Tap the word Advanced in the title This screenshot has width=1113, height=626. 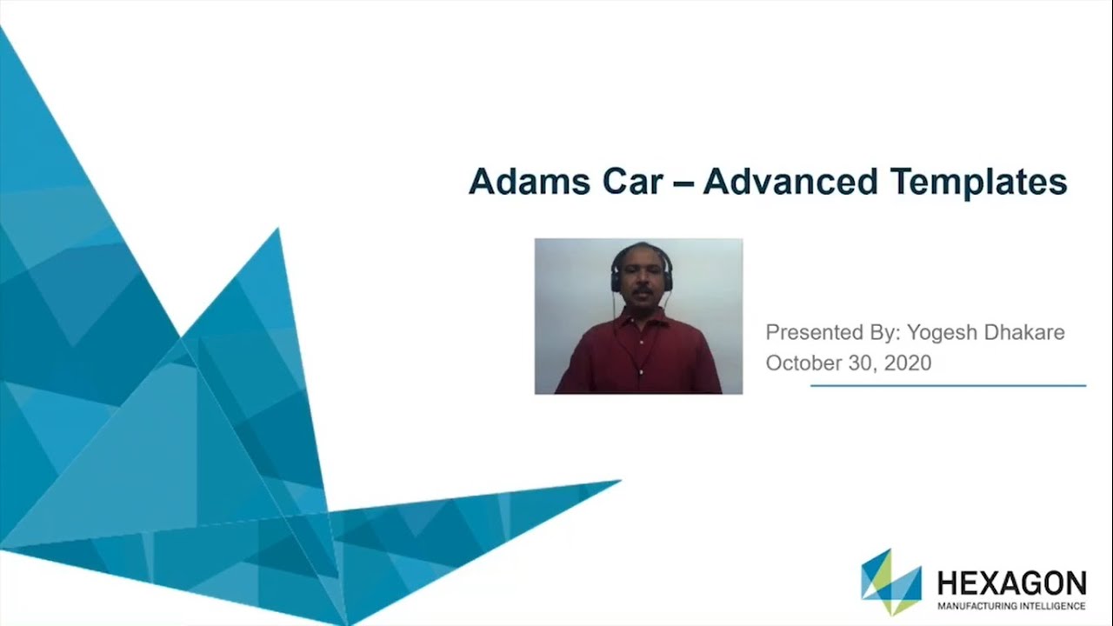pos(790,182)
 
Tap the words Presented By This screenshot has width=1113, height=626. pos(832,333)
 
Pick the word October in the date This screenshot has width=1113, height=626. pos(803,363)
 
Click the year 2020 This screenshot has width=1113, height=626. pos(907,363)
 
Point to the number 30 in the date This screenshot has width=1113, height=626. pos(862,363)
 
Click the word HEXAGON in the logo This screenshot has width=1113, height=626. pos(1011,582)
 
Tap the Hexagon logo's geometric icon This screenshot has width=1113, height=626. pos(890,582)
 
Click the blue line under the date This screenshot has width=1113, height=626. pos(948,385)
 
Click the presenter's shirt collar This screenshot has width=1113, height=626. pos(641,317)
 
